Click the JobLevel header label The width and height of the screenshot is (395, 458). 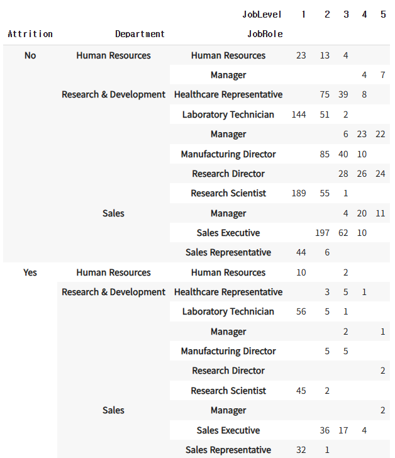[x=262, y=14]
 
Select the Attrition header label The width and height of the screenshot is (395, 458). [x=30, y=34]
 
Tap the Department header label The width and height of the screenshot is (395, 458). [x=140, y=34]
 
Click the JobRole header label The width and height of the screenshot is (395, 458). [x=265, y=34]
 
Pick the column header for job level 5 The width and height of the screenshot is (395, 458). [x=383, y=14]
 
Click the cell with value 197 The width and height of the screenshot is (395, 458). [x=322, y=233]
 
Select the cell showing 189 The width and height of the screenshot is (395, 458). [x=299, y=193]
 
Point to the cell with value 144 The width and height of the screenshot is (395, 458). [x=299, y=114]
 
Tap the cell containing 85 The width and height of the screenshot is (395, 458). [x=325, y=154]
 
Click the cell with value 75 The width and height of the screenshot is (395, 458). [x=325, y=94]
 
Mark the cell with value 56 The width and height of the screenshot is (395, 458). [x=301, y=311]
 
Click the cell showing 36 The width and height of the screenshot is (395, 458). [x=325, y=430]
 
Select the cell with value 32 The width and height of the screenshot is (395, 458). [x=301, y=450]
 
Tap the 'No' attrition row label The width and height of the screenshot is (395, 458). [x=30, y=55]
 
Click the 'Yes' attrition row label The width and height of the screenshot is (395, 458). [x=30, y=272]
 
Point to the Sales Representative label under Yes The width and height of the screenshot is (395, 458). [x=228, y=450]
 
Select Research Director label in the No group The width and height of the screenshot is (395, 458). [x=228, y=174]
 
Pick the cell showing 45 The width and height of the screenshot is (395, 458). [x=301, y=391]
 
